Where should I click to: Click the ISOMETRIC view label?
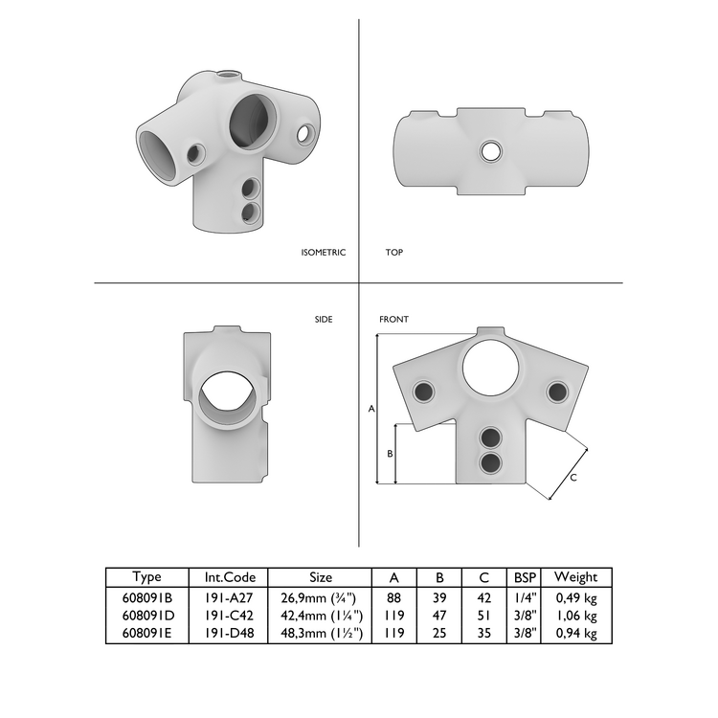pos(323,253)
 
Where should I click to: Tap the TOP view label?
pos(393,253)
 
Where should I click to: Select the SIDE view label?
pos(323,320)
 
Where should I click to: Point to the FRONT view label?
pos(393,320)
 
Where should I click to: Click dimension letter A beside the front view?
pos(370,409)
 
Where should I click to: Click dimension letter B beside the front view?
pos(390,454)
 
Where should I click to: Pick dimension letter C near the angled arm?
pos(572,477)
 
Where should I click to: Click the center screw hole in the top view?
pos(490,150)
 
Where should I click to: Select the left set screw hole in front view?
pos(422,391)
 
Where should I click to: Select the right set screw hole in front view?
pos(557,391)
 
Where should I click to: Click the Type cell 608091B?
pos(147,596)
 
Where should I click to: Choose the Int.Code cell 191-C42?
pos(229,616)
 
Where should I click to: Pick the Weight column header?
pos(575,577)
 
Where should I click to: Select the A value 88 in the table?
pos(393,596)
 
